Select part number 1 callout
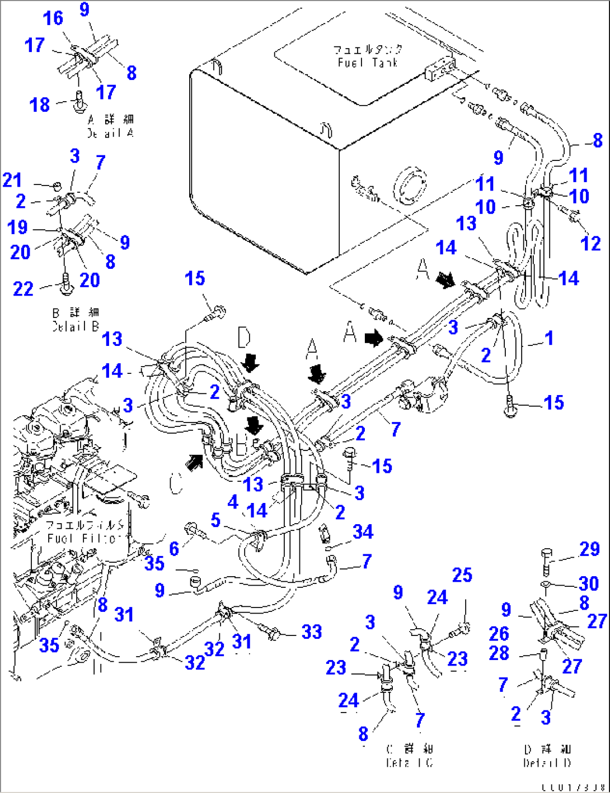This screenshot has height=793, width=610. (549, 338)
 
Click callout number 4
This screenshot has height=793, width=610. (233, 502)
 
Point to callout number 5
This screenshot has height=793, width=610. (215, 520)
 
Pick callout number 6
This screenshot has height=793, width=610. (174, 548)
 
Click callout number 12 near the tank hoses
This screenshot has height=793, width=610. (590, 243)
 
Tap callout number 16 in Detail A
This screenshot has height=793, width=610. (53, 18)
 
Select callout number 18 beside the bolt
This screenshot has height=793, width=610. (40, 105)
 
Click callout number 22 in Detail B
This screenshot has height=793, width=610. (24, 288)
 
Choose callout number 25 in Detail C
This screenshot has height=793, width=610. (462, 575)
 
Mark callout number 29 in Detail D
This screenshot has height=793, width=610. (589, 549)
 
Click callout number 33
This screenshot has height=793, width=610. (312, 632)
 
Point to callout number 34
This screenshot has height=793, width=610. (363, 531)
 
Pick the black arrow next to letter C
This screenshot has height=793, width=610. (194, 462)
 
